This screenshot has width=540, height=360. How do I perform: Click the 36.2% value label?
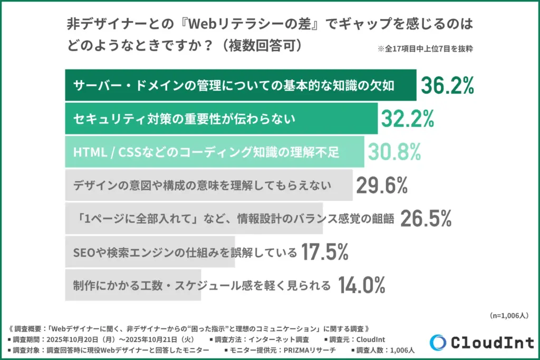[447, 85]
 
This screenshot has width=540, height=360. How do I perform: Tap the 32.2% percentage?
[407, 119]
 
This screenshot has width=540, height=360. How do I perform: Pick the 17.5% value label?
[324, 252]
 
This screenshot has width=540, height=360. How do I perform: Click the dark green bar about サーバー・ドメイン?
[240, 85]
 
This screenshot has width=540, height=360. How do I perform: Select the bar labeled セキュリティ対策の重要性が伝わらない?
[221, 119]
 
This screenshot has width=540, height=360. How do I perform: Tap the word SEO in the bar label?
[83, 252]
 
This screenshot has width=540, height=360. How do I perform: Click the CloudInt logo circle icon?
[438, 343]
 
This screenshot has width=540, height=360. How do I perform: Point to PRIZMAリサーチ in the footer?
[312, 350]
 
